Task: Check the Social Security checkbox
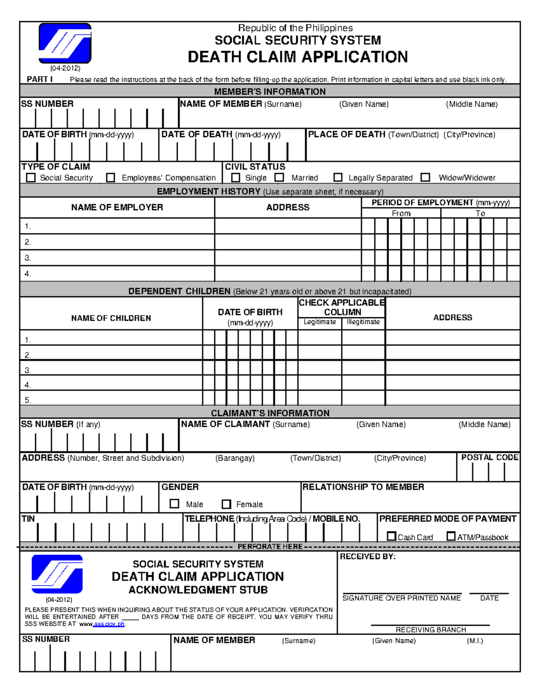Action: click(x=31, y=178)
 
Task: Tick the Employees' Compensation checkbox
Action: click(x=110, y=178)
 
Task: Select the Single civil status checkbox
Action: click(x=235, y=178)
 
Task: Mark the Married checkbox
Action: click(x=279, y=178)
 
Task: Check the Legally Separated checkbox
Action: click(x=338, y=178)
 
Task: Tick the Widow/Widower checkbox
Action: click(x=425, y=178)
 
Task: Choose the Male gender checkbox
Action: click(x=175, y=504)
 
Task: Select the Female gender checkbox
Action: click(x=226, y=504)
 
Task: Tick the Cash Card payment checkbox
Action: click(x=391, y=537)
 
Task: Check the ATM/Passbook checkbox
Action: click(x=451, y=536)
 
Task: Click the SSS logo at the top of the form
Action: click(x=65, y=44)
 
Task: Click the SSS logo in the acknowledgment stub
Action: click(x=57, y=574)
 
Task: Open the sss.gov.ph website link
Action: click(x=108, y=624)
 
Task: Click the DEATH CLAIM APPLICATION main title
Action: click(x=297, y=57)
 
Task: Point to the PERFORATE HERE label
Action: click(x=270, y=546)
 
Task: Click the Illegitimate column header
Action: click(x=363, y=322)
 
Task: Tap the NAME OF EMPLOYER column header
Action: click(x=117, y=207)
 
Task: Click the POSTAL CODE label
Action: click(x=490, y=457)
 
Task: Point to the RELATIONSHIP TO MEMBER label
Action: click(x=363, y=487)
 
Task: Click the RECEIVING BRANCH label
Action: click(x=431, y=630)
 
